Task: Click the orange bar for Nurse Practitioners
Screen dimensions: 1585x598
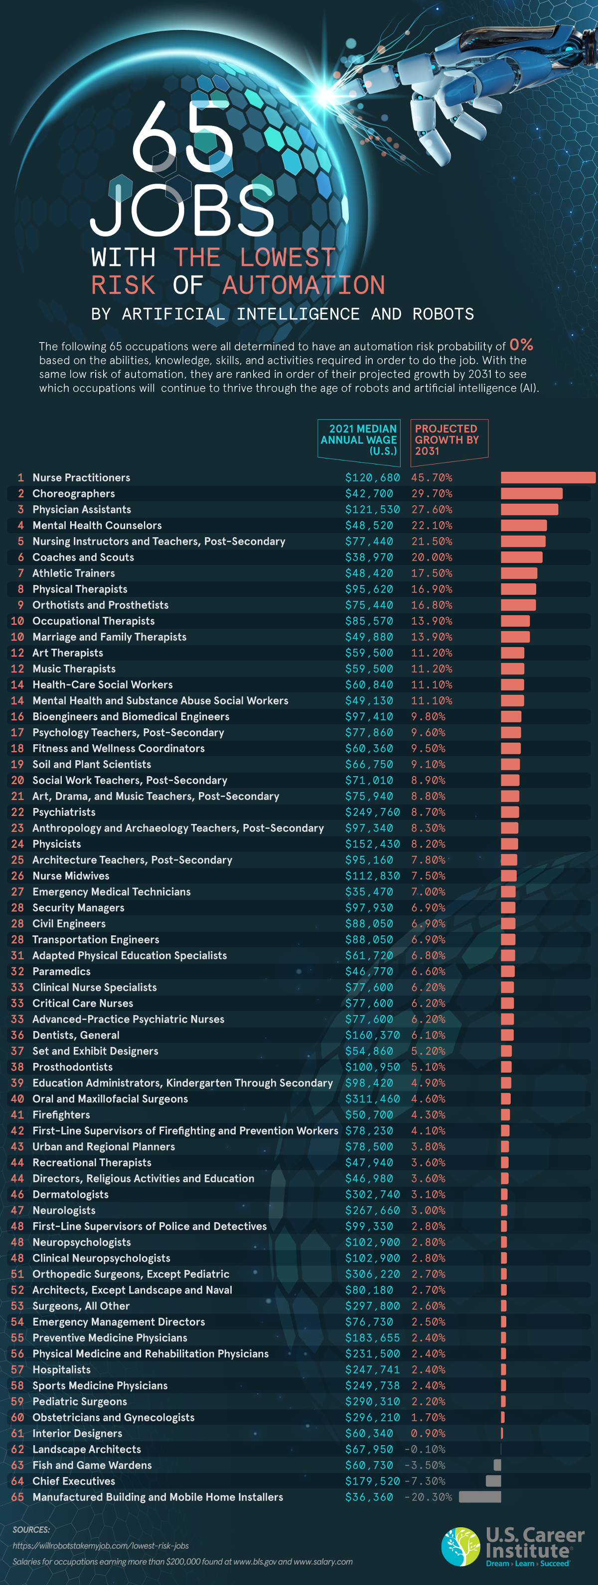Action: (x=548, y=477)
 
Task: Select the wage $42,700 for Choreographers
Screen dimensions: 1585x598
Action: (x=369, y=493)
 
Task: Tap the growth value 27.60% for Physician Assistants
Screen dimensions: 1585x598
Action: (x=431, y=509)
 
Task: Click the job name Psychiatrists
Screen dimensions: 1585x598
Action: (x=64, y=812)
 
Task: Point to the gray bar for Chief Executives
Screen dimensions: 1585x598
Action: (x=493, y=1481)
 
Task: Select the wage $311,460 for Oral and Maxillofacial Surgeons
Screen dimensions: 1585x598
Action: (x=372, y=1099)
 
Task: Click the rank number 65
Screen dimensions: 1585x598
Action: (x=17, y=1497)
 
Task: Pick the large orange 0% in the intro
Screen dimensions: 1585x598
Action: (x=521, y=344)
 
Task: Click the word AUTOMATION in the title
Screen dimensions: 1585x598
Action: (x=303, y=285)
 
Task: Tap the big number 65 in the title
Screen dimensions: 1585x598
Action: (x=182, y=138)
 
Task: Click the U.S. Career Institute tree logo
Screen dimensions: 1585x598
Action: (x=460, y=1546)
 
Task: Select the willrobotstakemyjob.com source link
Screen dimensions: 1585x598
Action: (x=100, y=1546)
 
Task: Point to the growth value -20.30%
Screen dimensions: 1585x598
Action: (x=428, y=1497)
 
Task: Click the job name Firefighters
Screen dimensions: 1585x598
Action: (x=61, y=1115)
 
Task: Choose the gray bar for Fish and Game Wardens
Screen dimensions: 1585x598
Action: (x=497, y=1465)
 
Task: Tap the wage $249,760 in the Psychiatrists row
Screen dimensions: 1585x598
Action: (x=372, y=812)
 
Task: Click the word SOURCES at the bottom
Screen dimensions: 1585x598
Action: (x=31, y=1530)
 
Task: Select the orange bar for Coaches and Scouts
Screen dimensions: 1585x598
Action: (x=521, y=558)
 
